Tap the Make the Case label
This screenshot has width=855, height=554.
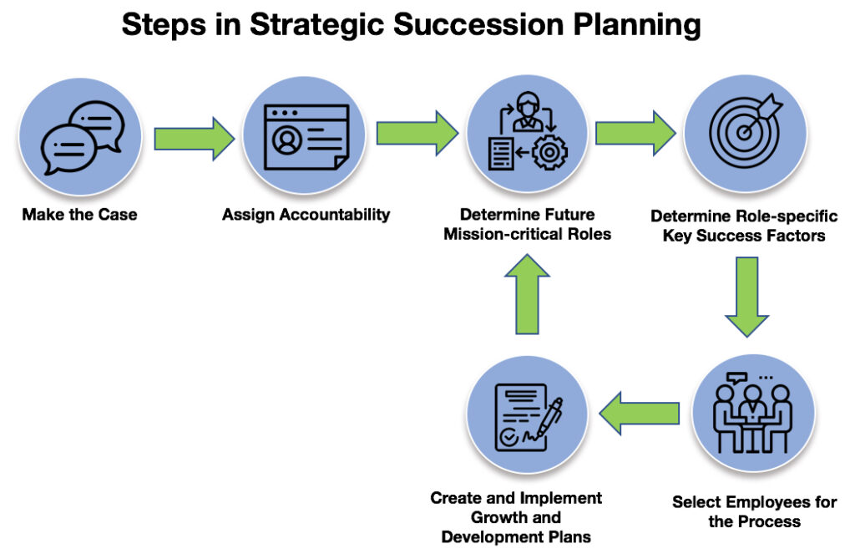[x=79, y=215]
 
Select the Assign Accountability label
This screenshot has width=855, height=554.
[x=306, y=215]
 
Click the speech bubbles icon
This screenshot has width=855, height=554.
[x=83, y=138]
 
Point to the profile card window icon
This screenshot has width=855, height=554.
[x=306, y=137]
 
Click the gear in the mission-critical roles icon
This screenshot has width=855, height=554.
[x=549, y=152]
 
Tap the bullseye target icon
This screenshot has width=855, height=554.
[x=746, y=131]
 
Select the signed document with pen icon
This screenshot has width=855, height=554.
[x=528, y=418]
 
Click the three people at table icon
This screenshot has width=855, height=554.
[x=752, y=413]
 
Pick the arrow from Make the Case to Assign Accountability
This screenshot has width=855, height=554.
[x=194, y=139]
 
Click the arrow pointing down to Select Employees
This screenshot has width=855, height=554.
[x=746, y=297]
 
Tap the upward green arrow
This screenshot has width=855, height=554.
[x=527, y=293]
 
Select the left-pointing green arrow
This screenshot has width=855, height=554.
[x=639, y=413]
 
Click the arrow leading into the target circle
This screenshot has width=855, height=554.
[x=635, y=133]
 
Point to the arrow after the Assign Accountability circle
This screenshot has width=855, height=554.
[x=417, y=133]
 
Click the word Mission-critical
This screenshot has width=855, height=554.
[x=503, y=234]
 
